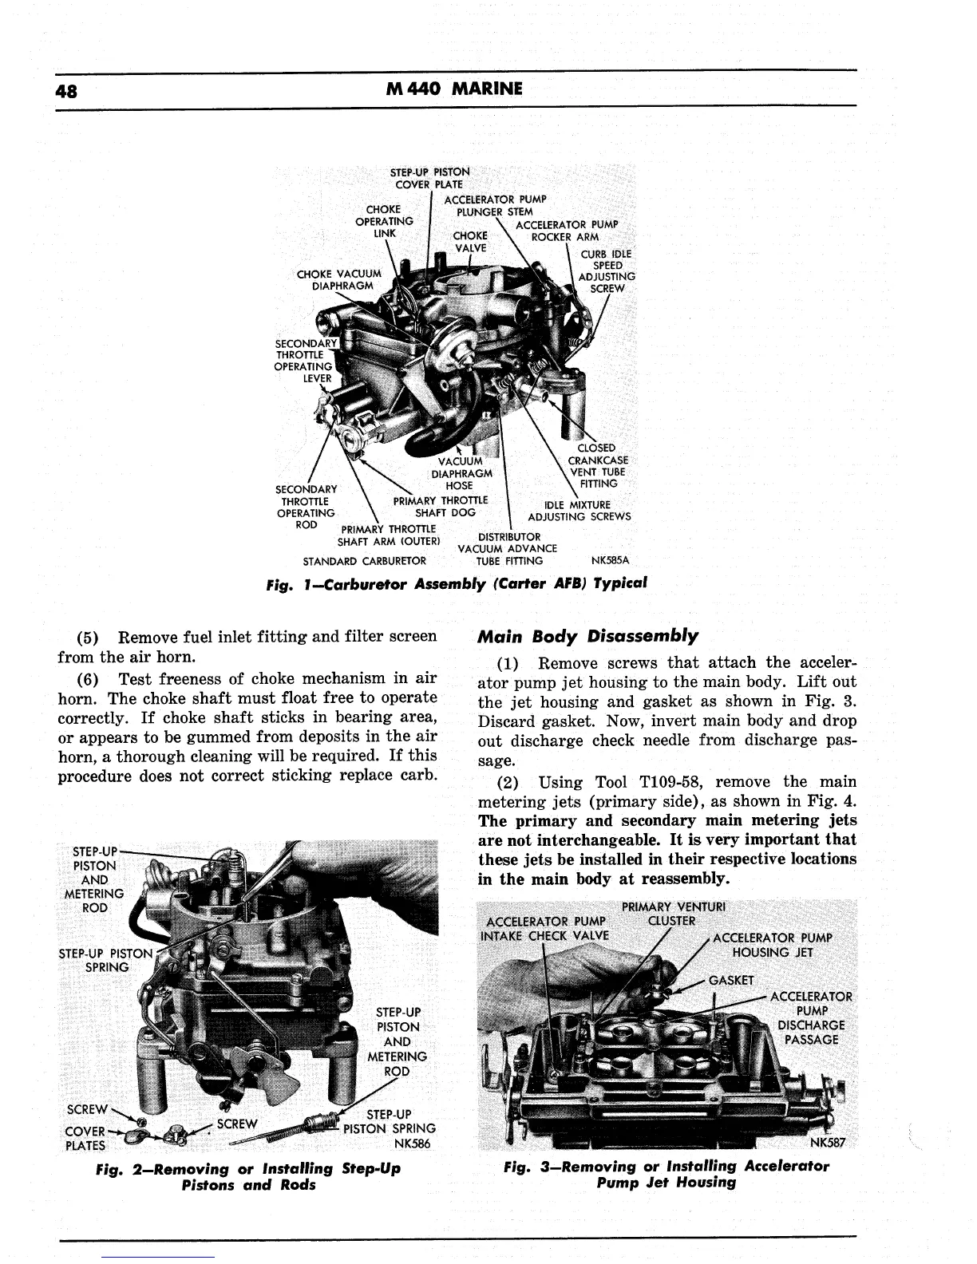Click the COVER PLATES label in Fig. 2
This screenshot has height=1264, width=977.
[85, 1139]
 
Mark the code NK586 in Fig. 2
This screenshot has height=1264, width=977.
[413, 1144]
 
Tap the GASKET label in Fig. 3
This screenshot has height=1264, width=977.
[731, 981]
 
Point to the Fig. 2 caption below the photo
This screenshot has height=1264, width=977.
[247, 1176]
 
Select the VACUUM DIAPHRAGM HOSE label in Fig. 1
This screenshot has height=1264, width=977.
[461, 473]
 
